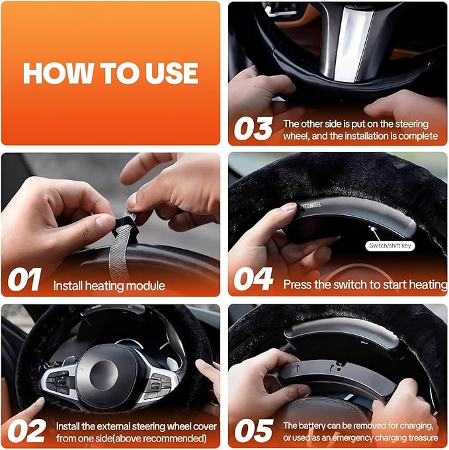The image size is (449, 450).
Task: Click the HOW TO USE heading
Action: point(110,73)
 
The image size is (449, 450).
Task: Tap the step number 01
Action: point(26,280)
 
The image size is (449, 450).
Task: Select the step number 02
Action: point(26,429)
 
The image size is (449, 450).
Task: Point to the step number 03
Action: point(253,129)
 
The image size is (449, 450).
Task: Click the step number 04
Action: point(253,280)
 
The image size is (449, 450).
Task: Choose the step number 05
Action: point(253,430)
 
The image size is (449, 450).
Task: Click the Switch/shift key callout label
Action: point(388,246)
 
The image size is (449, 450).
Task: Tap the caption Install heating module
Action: point(109,286)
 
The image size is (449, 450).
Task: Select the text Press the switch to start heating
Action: point(364,285)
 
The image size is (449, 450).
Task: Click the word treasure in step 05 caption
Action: point(420,437)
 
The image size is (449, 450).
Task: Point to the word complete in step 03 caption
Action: point(419,136)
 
